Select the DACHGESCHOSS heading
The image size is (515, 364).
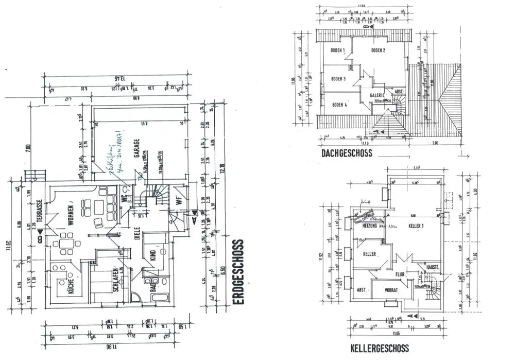click(x=346, y=153)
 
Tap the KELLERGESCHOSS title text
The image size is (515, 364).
click(x=380, y=349)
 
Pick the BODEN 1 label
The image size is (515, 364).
click(x=337, y=50)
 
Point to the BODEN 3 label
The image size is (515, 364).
click(x=338, y=79)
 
